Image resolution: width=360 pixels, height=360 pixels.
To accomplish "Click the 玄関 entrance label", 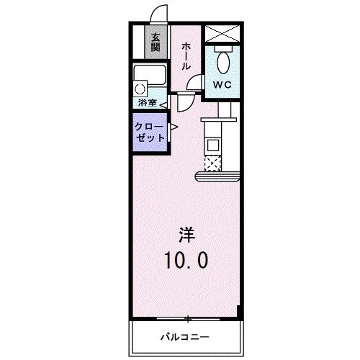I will pos(154,42).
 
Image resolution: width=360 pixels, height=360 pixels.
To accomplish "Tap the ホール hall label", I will pos(186,55).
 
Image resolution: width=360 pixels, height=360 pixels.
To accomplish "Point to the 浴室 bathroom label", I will pos(147,103).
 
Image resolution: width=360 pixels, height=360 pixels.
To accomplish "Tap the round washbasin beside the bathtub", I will pos(140,89).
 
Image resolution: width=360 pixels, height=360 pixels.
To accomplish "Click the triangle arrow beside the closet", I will pos(174,128).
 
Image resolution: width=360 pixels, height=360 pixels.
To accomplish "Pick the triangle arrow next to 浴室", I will pos(163,104).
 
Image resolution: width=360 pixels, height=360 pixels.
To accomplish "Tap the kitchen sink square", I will pos(213,144).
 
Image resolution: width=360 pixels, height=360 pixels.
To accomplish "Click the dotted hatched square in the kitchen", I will pos(213,163).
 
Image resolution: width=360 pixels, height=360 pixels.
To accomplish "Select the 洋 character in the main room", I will pos(186,235).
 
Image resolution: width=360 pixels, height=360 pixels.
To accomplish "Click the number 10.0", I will pos(186,259).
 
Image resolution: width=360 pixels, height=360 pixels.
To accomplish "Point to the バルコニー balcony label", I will pos(184,336).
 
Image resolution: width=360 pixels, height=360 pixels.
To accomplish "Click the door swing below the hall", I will pos(186,101).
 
